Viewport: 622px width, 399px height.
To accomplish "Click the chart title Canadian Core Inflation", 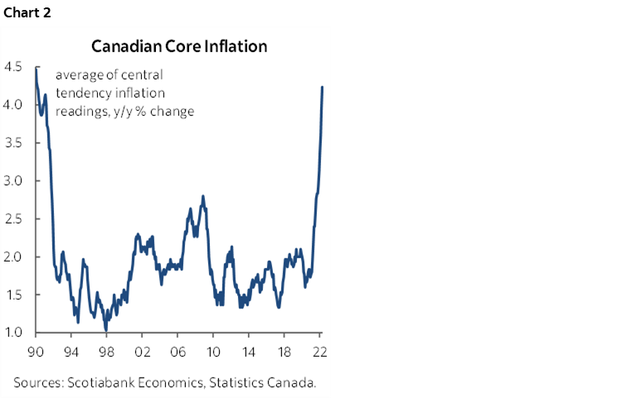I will pyautogui.click(x=179, y=46).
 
